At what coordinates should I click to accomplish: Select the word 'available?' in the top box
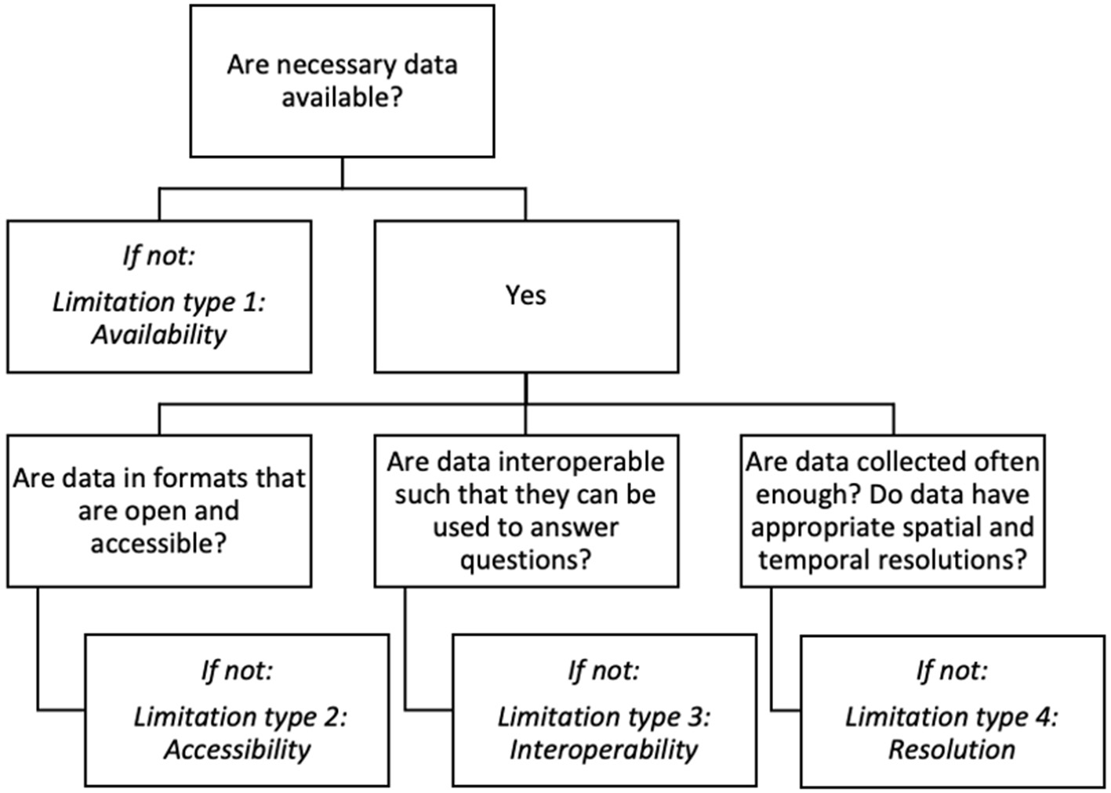(342, 98)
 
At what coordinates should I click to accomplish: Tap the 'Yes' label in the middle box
(525, 295)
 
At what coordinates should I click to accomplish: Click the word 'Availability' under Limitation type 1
(158, 335)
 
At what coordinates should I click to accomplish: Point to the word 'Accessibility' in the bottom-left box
(237, 750)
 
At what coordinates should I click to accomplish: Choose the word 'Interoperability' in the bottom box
(603, 750)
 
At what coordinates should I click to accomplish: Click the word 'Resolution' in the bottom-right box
(951, 750)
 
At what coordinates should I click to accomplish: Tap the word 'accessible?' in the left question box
(158, 543)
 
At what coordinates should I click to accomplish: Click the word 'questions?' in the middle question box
(525, 560)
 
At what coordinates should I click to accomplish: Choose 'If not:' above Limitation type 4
(951, 671)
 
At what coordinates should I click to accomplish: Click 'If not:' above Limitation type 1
(158, 255)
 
